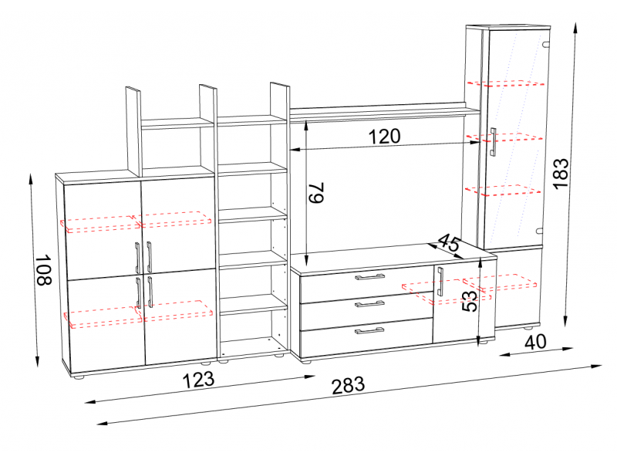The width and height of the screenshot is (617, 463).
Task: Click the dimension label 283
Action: (349, 385)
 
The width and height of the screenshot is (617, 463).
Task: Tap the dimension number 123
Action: (199, 380)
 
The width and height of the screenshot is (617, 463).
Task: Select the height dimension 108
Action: (43, 269)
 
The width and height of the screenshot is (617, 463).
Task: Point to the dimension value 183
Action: (561, 173)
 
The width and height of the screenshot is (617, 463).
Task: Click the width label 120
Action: (384, 137)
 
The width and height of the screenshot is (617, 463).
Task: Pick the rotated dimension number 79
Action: (316, 192)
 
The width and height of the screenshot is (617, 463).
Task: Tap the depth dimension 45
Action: (448, 242)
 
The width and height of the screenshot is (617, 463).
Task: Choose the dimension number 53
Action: (469, 300)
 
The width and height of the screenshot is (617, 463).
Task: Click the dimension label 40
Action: (535, 342)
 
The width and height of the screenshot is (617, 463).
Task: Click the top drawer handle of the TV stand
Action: (370, 277)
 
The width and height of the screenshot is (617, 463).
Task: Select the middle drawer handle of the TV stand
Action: (370, 303)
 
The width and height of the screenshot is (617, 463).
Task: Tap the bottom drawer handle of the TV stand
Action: (370, 330)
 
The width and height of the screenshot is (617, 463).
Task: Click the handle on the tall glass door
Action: (493, 142)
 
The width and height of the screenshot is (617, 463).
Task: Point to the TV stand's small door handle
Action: (440, 282)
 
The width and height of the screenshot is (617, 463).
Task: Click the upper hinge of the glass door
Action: (545, 45)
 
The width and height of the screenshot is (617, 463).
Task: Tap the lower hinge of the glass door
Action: (539, 231)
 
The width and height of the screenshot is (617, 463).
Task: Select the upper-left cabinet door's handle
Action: (137, 258)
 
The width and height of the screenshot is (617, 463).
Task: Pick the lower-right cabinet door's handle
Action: (150, 292)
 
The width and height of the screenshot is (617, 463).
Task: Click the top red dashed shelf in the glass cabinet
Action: (506, 83)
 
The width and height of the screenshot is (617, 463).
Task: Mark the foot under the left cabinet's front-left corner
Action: (79, 377)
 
